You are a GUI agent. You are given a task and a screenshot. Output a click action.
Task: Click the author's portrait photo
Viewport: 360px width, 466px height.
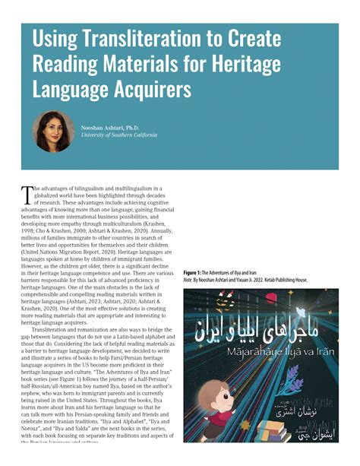[53, 132]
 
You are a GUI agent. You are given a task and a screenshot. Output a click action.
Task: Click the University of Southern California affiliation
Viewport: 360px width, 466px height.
[119, 135]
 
